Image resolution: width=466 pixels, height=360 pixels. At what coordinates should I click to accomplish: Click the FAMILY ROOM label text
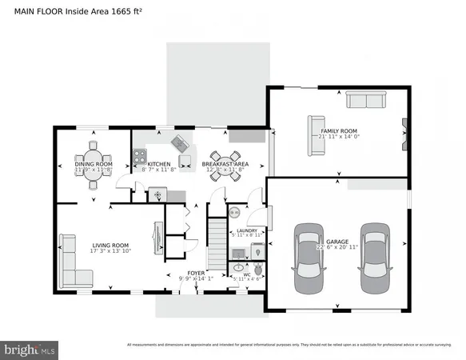tap(338, 130)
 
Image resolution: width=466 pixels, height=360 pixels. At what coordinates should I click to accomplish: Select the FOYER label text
tap(196, 274)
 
